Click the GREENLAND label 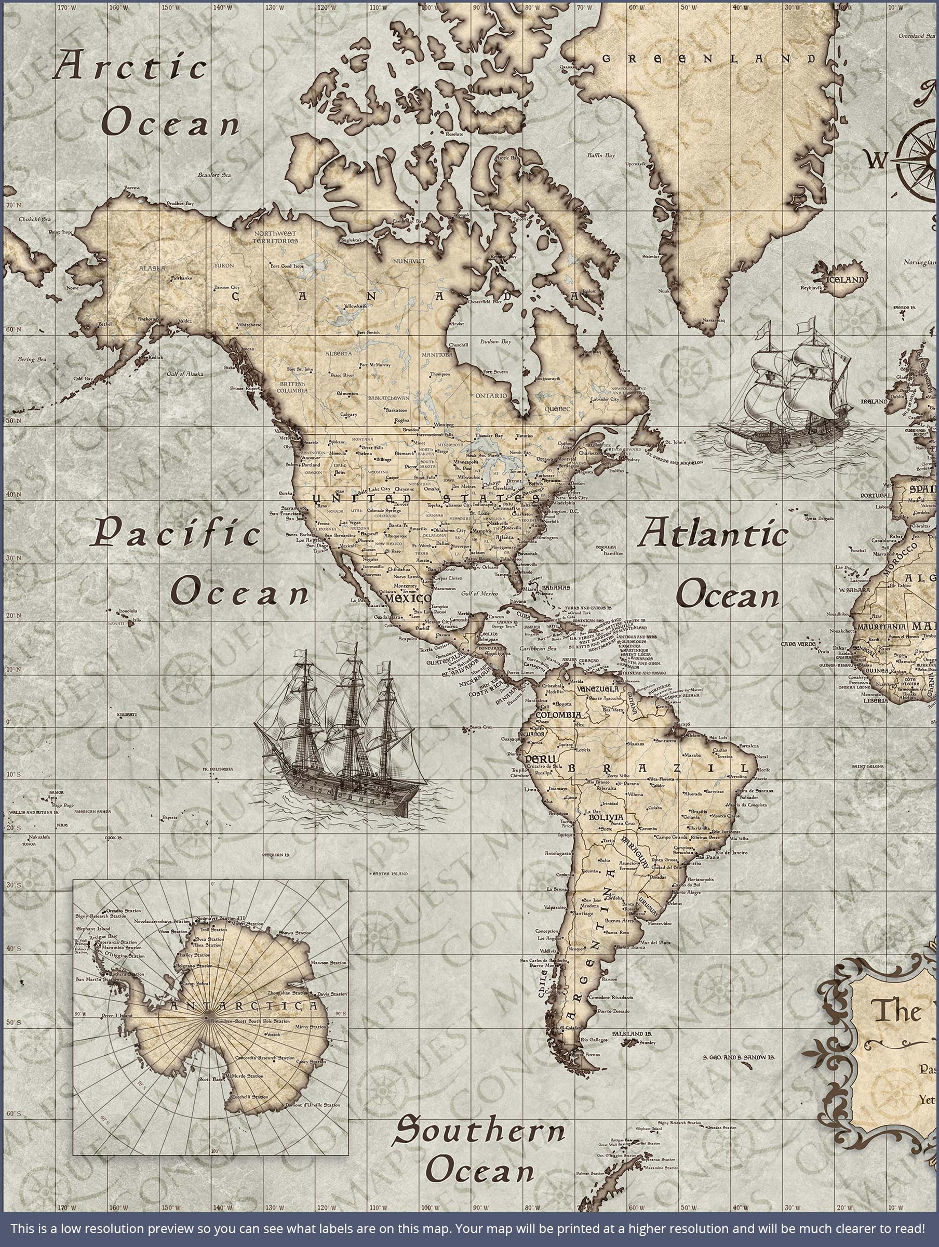coord(709,59)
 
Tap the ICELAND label coord(846,280)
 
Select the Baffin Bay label coord(601,155)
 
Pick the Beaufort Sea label coord(214,175)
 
